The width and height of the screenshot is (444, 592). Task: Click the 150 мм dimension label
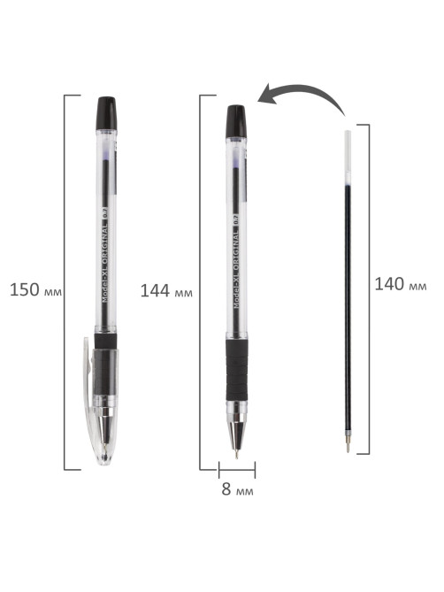pyautogui.click(x=35, y=290)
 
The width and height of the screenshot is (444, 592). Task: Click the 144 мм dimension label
pyautogui.click(x=166, y=291)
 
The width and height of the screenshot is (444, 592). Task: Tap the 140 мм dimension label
pyautogui.click(x=401, y=284)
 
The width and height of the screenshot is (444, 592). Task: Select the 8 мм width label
pyautogui.click(x=237, y=489)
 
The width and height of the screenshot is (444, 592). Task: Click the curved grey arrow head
pyautogui.click(x=268, y=95)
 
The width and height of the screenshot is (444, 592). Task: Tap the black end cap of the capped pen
pyautogui.click(x=107, y=112)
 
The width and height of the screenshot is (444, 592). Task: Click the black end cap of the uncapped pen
pyautogui.click(x=236, y=121)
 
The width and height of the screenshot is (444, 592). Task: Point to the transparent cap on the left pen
pyautogui.click(x=100, y=400)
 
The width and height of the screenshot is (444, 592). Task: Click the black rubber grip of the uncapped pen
pyautogui.click(x=236, y=370)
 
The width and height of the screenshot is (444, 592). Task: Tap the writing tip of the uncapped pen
pyautogui.click(x=236, y=454)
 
